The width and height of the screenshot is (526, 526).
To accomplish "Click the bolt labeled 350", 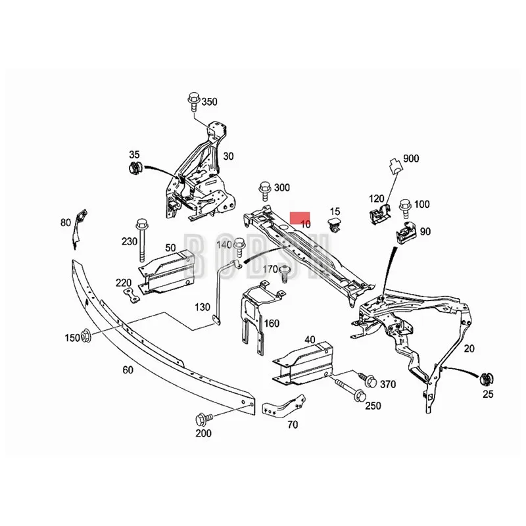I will click(193, 102).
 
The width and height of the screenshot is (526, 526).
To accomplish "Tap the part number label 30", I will click(228, 156).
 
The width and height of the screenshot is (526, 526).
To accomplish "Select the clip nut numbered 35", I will click(135, 169).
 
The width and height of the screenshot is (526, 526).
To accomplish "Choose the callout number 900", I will click(412, 158).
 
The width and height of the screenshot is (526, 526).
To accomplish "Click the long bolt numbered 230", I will click(141, 241).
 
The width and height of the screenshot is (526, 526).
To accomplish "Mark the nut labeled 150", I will click(86, 337).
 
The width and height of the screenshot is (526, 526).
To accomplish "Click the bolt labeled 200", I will click(202, 419).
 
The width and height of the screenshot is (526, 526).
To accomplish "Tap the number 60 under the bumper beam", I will click(128, 370).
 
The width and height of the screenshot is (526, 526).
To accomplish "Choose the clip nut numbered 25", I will click(487, 378).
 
